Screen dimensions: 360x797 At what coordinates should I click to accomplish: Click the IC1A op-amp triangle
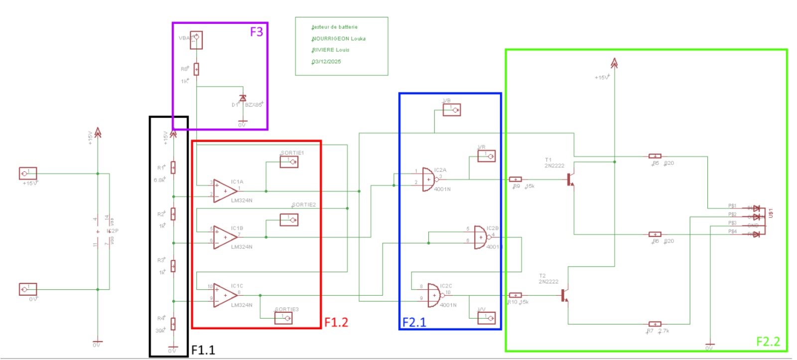pos(225,191)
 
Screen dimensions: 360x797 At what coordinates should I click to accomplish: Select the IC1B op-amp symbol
pos(225,238)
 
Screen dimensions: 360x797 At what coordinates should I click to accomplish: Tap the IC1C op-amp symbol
pos(225,295)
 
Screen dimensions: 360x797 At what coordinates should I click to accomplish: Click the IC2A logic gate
pos(428,179)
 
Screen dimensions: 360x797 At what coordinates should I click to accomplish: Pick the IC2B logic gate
pos(480,238)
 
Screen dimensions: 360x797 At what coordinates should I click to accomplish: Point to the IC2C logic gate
pos(433,296)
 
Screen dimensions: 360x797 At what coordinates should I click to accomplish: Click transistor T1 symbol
pos(570,179)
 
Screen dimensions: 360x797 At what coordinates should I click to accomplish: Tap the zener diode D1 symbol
pos(243,99)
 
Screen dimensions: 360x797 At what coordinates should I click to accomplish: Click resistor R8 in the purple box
pos(196,69)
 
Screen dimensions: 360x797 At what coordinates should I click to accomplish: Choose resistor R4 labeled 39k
pos(173,324)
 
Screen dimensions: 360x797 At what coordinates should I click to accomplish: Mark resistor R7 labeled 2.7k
pos(655,324)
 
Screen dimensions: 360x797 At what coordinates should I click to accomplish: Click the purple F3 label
pos(256,32)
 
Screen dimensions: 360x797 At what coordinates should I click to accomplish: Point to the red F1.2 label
pos(336,322)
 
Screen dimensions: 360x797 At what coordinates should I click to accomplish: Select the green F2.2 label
pos(768,341)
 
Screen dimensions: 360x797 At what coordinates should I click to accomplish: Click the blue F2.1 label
pos(414,322)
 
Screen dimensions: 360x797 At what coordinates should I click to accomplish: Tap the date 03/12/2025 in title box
pos(327,62)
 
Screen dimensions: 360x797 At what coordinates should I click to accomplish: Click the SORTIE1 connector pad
pos(289,162)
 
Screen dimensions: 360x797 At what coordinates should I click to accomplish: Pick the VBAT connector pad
pos(196,40)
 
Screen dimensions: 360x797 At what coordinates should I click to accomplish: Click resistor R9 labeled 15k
pos(516,179)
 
